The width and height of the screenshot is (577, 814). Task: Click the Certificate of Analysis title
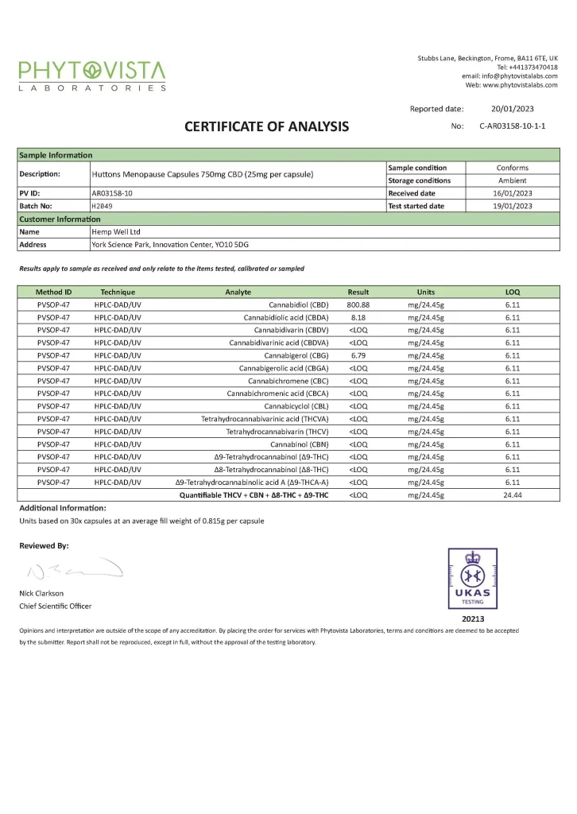click(266, 126)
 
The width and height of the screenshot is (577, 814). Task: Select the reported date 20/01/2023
click(512, 109)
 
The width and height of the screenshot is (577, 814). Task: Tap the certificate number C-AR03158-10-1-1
click(512, 126)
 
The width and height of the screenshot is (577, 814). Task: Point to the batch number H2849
click(101, 206)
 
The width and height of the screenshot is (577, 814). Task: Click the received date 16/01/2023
click(512, 193)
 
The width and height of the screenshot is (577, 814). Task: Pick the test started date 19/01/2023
click(512, 206)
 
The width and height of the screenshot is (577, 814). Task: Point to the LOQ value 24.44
click(512, 495)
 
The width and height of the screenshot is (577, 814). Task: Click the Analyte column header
click(238, 292)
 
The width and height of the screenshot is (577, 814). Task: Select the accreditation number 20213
click(473, 618)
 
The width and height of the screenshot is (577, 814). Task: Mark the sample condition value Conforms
click(512, 168)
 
